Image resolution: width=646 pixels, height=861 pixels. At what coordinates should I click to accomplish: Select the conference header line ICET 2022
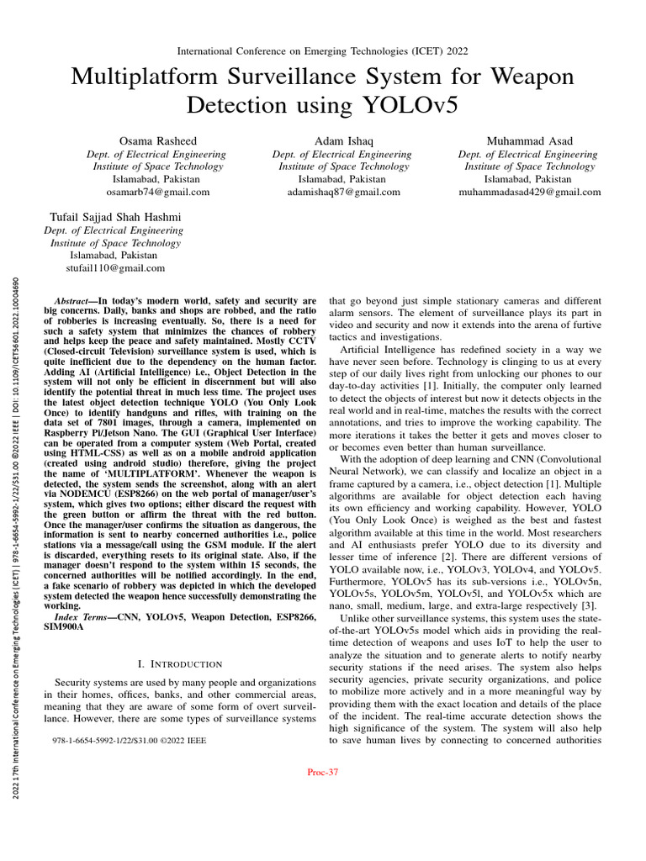322,51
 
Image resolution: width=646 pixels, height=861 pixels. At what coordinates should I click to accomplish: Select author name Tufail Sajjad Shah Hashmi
112,216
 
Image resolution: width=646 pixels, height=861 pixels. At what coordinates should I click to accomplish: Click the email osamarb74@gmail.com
146,192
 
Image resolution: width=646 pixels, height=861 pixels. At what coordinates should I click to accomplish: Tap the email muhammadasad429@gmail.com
528,192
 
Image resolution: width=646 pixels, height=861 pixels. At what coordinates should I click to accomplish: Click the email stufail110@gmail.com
113,268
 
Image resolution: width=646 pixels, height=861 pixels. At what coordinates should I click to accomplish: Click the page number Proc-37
323,772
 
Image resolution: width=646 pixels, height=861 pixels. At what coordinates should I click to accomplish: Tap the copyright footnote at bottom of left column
129,741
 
